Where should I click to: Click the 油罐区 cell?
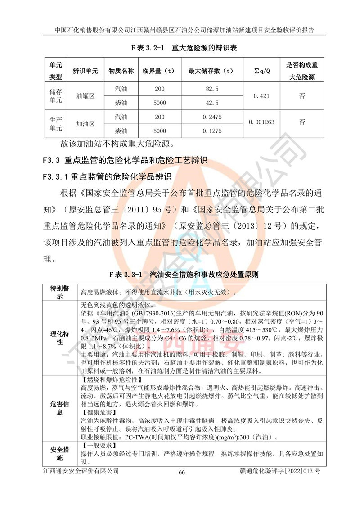click(x=85, y=96)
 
